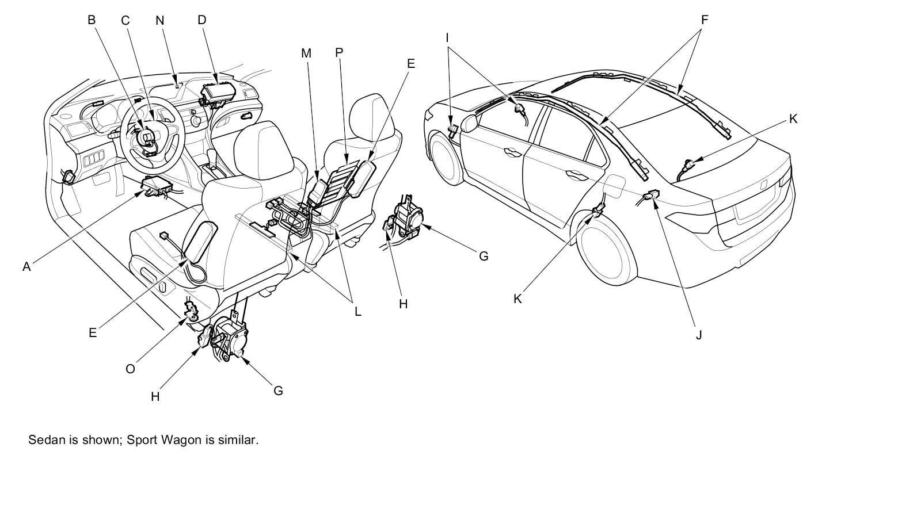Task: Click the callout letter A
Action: pos(26,267)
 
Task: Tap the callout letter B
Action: pos(91,20)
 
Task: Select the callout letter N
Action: pos(160,21)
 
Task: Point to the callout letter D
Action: pos(201,20)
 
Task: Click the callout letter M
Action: pos(306,53)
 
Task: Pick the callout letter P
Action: pos(339,53)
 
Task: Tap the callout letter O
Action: pos(130,369)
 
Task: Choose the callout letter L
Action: pos(357,312)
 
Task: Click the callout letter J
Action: pos(699,335)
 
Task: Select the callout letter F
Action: pos(704,20)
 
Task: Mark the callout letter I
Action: pos(447,39)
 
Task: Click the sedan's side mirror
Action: pos(469,123)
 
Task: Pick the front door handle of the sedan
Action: pos(509,152)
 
